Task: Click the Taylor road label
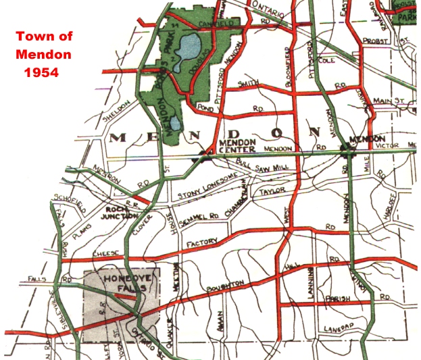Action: tap(273, 192)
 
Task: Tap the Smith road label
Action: tap(249, 83)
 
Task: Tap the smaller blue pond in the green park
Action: tap(175, 123)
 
